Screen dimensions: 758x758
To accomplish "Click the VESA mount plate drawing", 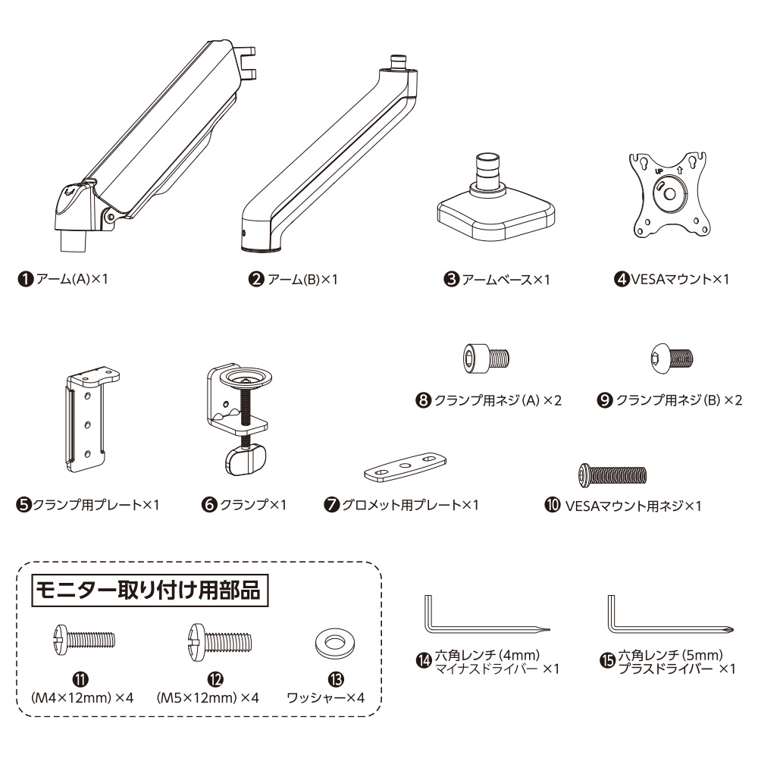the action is pos(669,196).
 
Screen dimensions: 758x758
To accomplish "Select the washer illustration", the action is pos(334,644).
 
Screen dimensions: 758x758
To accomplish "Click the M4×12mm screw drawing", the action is pos(84,639).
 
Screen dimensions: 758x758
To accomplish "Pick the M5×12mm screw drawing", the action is pos(220,642).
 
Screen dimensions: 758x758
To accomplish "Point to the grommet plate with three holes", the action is pos(405,466).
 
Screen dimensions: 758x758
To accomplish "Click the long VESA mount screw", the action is pos(612,475).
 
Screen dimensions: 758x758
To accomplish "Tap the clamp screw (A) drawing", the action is pos(486,359).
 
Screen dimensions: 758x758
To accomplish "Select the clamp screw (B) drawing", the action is pos(672,359).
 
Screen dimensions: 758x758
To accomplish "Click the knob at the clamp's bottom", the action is pos(246,461).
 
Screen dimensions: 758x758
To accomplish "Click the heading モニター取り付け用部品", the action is pos(149,590).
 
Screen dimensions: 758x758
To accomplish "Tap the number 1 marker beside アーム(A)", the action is pos(26,280).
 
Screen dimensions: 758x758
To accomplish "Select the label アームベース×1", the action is pos(506,280).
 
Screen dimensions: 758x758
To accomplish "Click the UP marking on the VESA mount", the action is pos(659,171).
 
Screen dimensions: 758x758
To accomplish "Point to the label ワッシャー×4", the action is pos(325,697).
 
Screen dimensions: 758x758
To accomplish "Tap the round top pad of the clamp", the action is pos(246,377).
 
